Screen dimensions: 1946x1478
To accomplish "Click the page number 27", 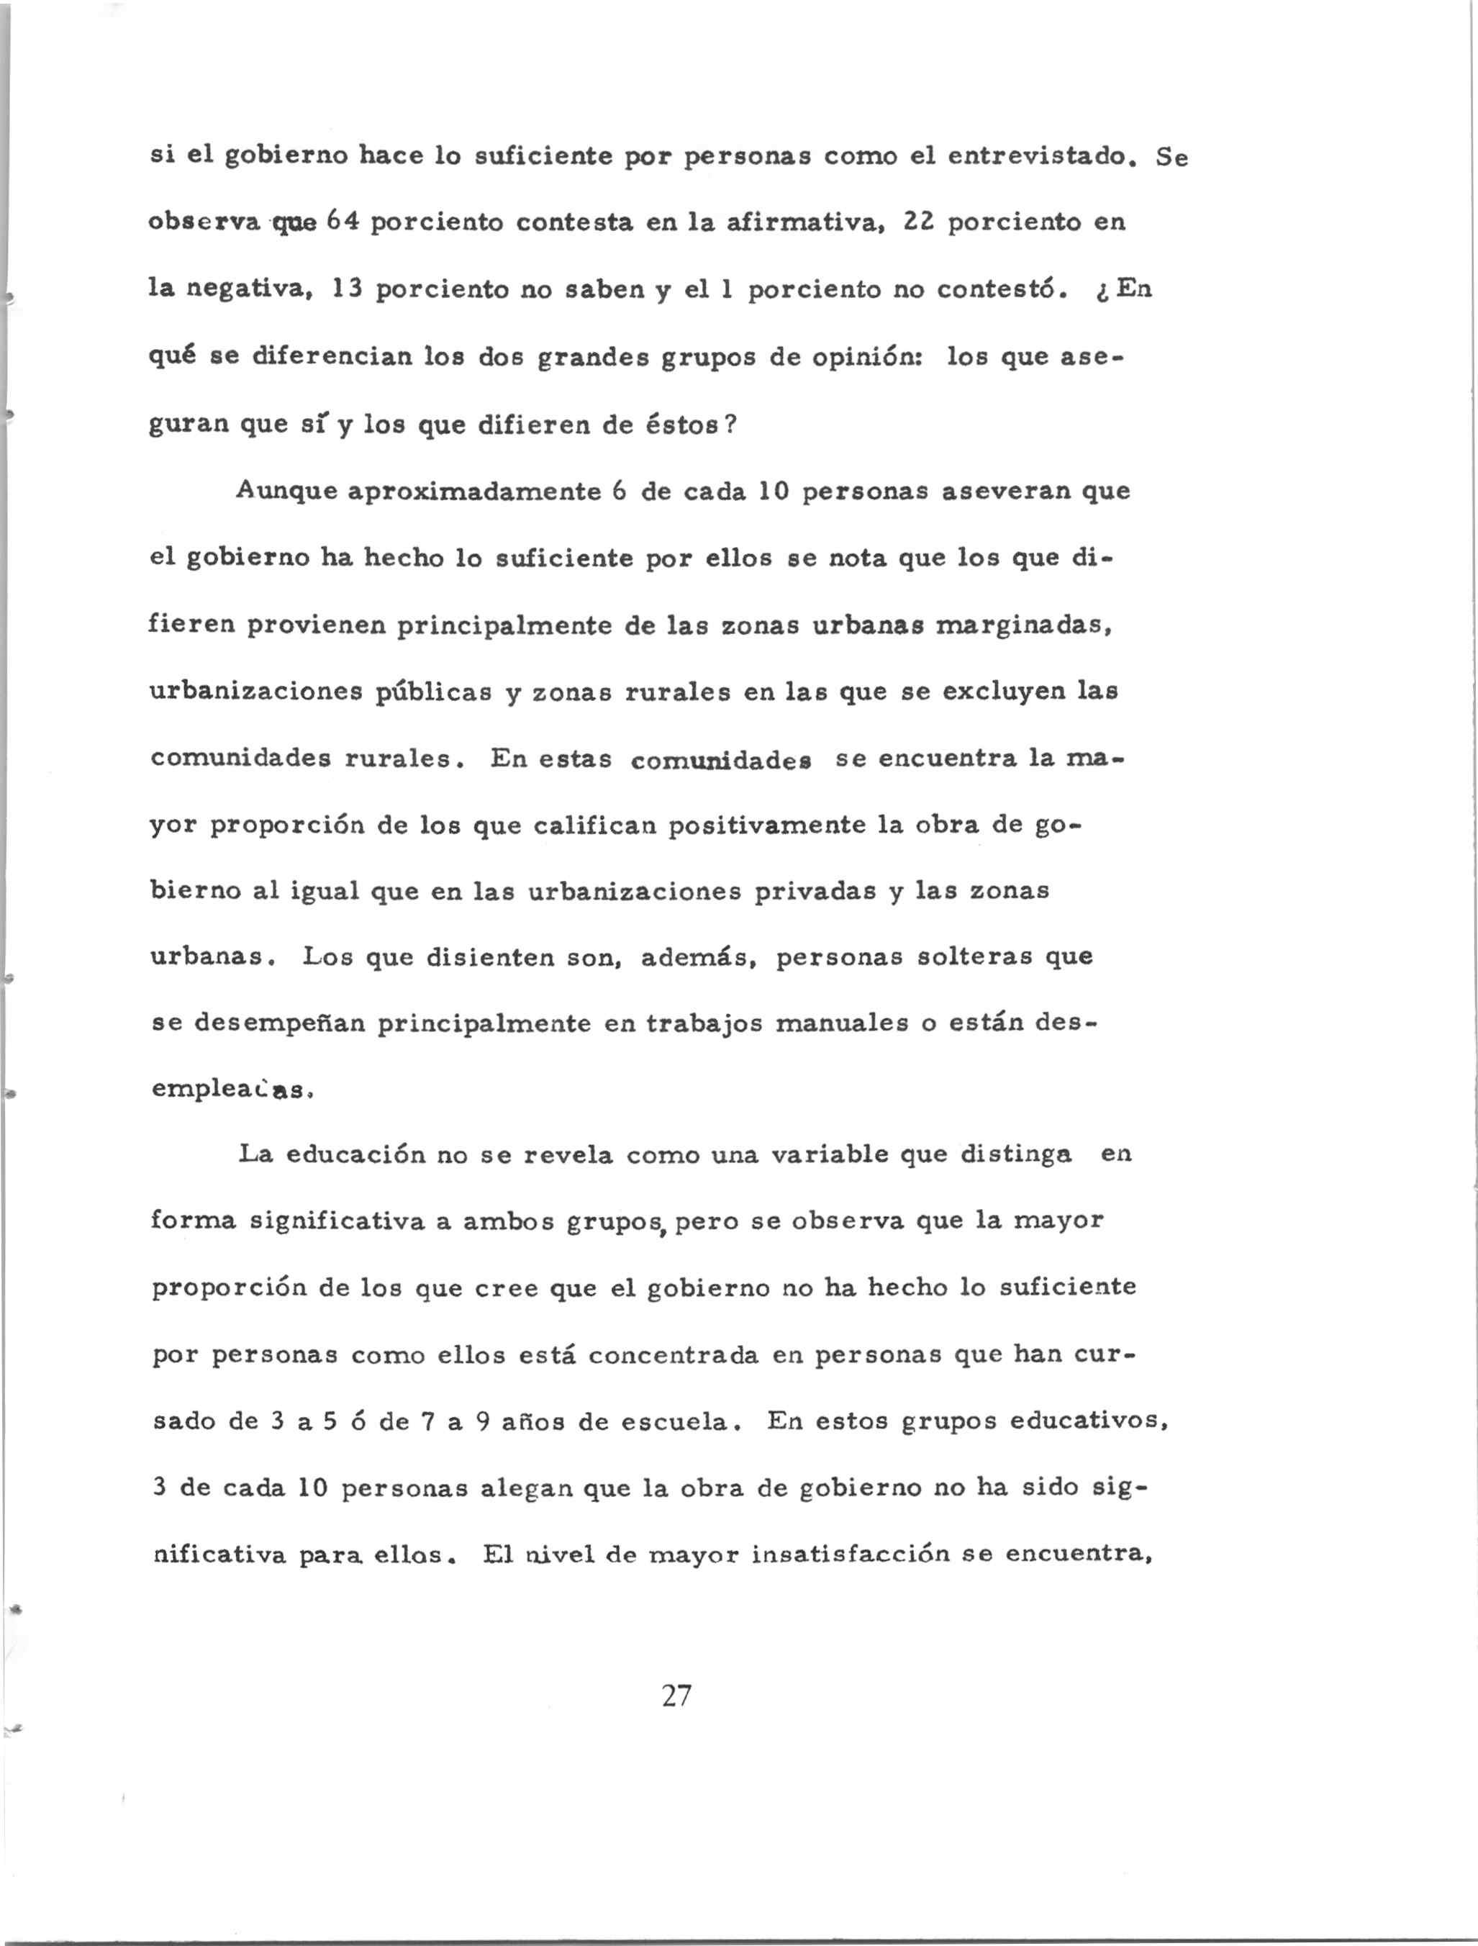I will (x=676, y=1696).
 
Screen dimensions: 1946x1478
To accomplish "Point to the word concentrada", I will (x=673, y=1356).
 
